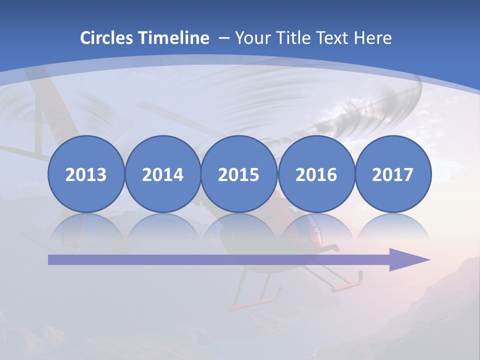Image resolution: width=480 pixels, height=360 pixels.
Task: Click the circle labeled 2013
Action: pos(86,174)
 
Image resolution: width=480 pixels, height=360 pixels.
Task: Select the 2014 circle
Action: pos(162,174)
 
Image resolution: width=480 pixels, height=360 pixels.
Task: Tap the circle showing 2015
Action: pos(239,174)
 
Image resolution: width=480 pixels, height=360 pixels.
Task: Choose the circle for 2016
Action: pos(316,174)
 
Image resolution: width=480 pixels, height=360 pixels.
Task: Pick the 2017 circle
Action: pos(392,174)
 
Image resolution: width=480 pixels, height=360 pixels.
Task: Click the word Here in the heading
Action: pos(373,38)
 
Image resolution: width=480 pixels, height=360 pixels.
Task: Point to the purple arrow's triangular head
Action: pos(407,259)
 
